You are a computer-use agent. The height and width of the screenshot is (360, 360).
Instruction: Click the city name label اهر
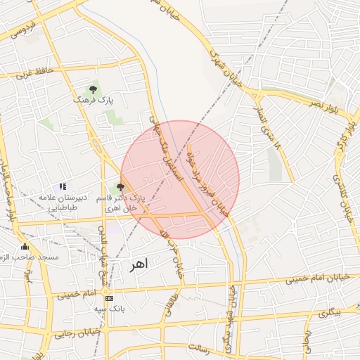139,265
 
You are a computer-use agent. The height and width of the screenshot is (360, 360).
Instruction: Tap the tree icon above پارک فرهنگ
93,89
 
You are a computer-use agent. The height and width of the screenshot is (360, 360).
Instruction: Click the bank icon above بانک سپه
108,298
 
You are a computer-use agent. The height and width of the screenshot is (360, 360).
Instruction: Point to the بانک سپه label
109,309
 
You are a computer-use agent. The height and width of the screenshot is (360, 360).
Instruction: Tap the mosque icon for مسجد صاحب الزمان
25,246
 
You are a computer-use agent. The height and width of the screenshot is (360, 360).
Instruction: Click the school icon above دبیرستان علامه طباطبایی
63,186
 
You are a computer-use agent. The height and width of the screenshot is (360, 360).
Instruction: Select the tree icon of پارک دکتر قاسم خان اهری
120,187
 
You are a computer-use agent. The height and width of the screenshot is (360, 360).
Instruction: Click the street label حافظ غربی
35,72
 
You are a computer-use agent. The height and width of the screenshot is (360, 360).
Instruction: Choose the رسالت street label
210,347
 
